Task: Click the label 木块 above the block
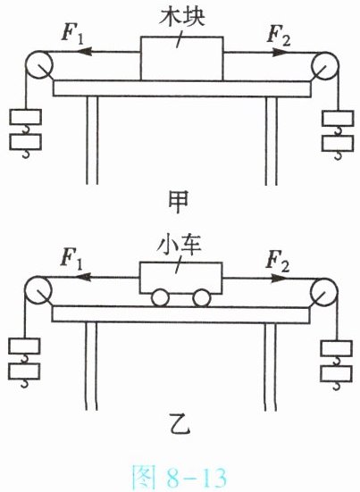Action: pyautogui.click(x=181, y=16)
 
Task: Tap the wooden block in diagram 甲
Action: pyautogui.click(x=181, y=59)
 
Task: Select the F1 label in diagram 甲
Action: pyautogui.click(x=72, y=34)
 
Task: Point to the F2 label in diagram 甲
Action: pyautogui.click(x=279, y=34)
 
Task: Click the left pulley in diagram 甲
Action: pyautogui.click(x=39, y=65)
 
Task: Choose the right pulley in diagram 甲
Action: pyautogui.click(x=325, y=66)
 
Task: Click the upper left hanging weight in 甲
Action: pyautogui.click(x=25, y=117)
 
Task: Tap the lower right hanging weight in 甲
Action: pyautogui.click(x=338, y=144)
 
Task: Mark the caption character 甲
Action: pyautogui.click(x=179, y=202)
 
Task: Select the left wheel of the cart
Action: pyautogui.click(x=160, y=298)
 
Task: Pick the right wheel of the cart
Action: pyautogui.click(x=202, y=298)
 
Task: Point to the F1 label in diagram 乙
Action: pyautogui.click(x=71, y=259)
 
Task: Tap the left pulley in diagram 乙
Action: pyautogui.click(x=38, y=290)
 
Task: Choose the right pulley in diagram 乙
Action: pyautogui.click(x=324, y=292)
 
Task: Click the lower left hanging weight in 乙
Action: pyautogui.click(x=24, y=371)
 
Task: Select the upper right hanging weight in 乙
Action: pyautogui.click(x=336, y=348)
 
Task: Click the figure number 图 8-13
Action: pyautogui.click(x=180, y=477)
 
